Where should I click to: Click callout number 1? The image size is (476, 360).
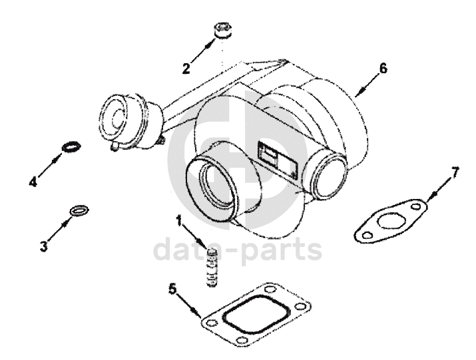point(179,220)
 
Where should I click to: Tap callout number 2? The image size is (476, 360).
point(186,67)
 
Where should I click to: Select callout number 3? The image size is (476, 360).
point(43,246)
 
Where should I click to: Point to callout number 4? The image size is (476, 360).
point(33,181)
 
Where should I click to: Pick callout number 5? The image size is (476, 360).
point(172,289)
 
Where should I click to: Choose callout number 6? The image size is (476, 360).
point(383,68)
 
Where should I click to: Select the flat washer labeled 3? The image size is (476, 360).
point(78,212)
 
